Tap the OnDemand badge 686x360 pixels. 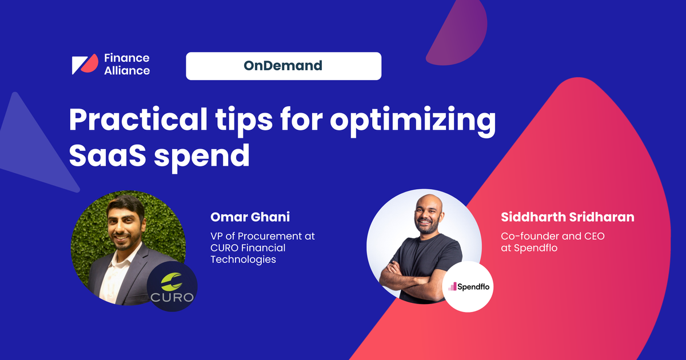coord(283,66)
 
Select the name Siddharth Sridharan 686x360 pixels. coord(567,217)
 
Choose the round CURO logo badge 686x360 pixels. coord(172,286)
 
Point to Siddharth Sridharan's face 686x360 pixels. coord(422,214)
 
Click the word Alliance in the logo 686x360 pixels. coord(127,71)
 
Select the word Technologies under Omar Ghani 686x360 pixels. coord(243,259)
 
